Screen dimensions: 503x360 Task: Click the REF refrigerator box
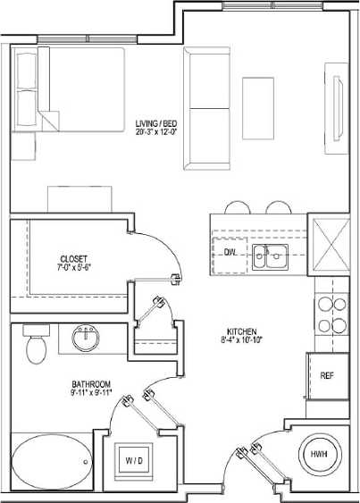coord(327,375)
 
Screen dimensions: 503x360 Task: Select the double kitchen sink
coord(268,257)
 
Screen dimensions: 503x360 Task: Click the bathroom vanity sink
coord(86,339)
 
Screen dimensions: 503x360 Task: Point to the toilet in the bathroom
coord(36,345)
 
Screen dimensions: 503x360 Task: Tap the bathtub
coord(50,461)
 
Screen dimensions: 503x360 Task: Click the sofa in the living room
coord(206,107)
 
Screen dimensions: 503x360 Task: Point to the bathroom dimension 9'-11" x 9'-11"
coord(92,391)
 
